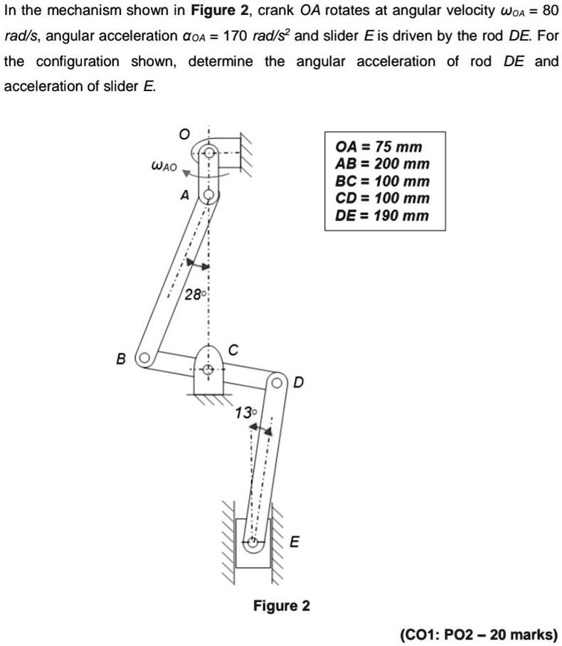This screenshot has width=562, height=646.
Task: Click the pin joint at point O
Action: [x=208, y=153]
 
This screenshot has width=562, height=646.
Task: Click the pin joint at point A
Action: [x=208, y=194]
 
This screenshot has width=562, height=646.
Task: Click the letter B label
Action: [x=122, y=357]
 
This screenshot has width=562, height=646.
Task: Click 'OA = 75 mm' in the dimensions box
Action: [x=378, y=147]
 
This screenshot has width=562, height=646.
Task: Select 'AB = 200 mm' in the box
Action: [x=383, y=164]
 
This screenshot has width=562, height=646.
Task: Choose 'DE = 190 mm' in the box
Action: [x=382, y=216]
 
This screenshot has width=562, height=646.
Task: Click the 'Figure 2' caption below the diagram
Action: [x=281, y=605]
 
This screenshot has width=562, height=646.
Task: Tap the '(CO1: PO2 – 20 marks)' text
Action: [x=478, y=634]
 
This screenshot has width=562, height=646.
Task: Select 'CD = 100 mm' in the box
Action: [x=383, y=198]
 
